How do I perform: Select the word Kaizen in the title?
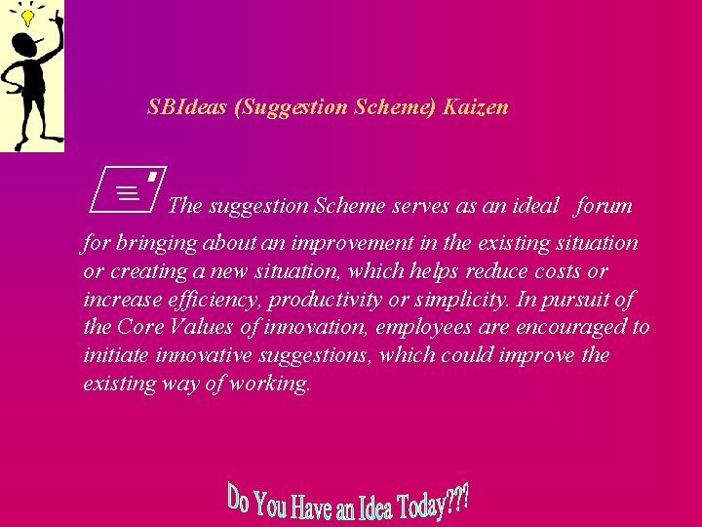[x=475, y=107]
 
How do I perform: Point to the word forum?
[x=604, y=206]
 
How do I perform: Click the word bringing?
[x=154, y=243]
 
